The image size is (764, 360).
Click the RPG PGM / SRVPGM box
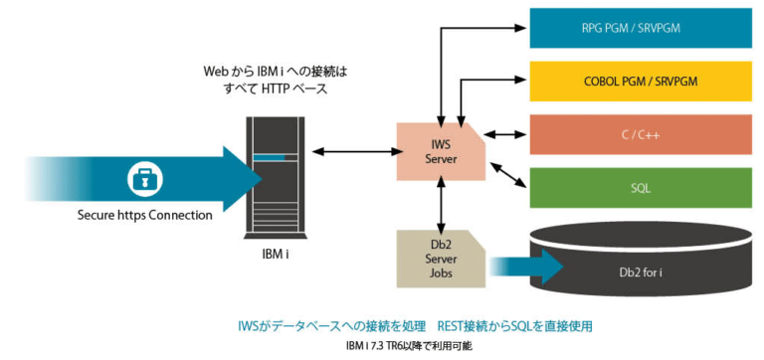pyautogui.click(x=639, y=28)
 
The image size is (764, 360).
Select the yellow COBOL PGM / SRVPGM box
pyautogui.click(x=639, y=81)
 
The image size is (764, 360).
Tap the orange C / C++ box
pyautogui.click(x=639, y=133)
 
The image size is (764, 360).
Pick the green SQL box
pyautogui.click(x=639, y=186)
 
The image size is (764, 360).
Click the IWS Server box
pyautogui.click(x=439, y=151)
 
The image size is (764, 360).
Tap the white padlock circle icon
pyautogui.click(x=145, y=180)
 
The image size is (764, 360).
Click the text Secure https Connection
pyautogui.click(x=145, y=214)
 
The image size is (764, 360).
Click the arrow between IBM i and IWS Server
pyautogui.click(x=353, y=151)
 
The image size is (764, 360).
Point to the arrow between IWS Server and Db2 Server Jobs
pyautogui.click(x=439, y=205)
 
